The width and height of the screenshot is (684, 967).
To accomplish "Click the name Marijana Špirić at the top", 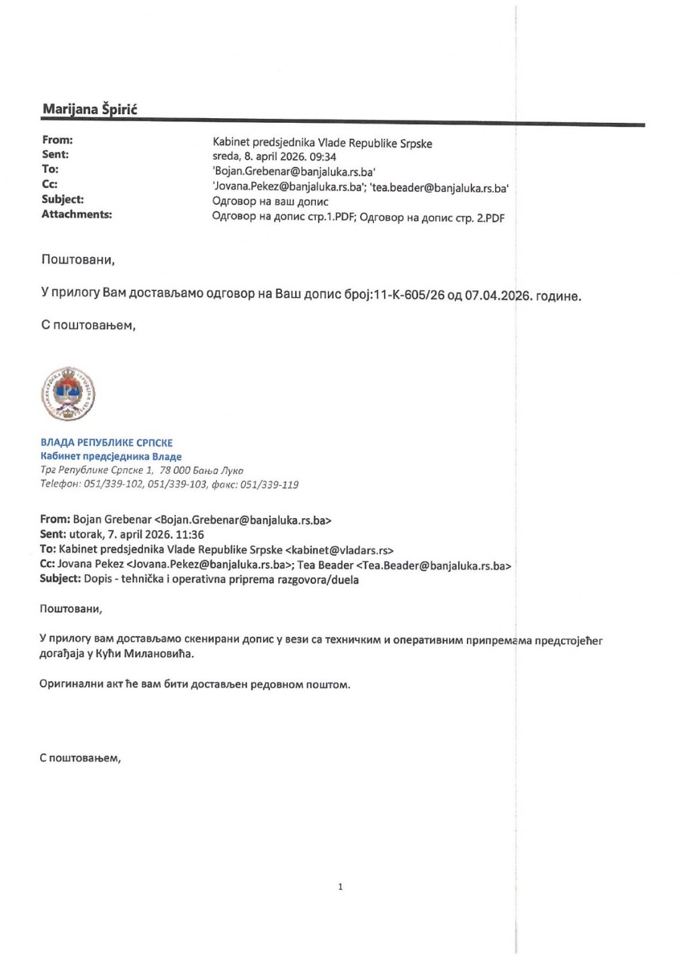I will tap(90, 109).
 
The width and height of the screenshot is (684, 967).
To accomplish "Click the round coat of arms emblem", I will tap(68, 394).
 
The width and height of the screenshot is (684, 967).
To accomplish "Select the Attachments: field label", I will tap(77, 214).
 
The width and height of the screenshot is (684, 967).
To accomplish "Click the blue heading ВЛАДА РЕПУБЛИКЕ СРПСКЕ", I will tap(107, 443).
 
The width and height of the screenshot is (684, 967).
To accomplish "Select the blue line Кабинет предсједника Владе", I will tap(111, 457).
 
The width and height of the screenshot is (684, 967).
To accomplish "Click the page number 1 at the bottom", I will tap(341, 887).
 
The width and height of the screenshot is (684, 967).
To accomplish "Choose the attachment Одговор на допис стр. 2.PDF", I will tap(432, 218).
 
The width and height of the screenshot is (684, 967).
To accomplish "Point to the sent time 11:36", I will tap(190, 534).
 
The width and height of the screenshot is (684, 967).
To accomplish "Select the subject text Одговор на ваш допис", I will tap(270, 202).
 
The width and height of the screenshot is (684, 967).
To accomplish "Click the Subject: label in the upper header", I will tap(62, 199).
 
